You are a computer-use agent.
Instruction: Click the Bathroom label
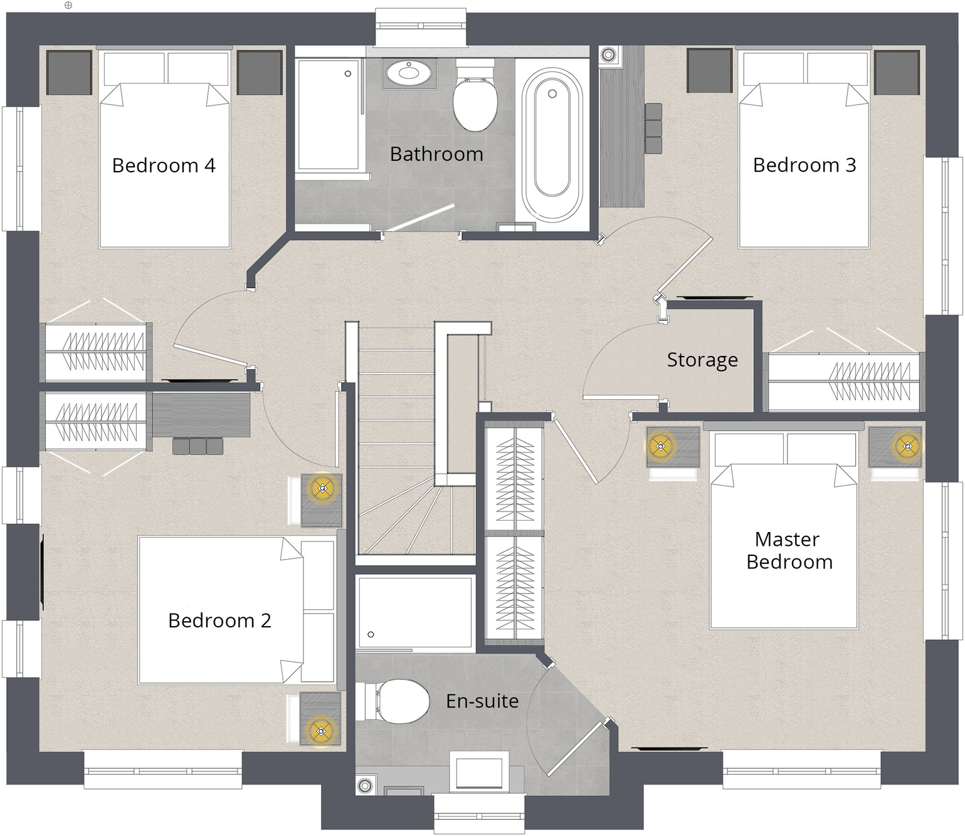pos(436,154)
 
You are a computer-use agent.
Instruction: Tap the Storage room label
pos(702,360)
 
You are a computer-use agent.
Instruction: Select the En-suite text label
pos(482,701)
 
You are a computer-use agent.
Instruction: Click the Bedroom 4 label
pos(164,165)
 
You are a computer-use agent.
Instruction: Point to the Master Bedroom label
pos(789,550)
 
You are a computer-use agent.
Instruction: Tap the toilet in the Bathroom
pos(475,96)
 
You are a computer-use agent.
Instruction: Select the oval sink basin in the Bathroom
pos(409,73)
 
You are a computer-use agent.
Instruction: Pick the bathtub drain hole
pos(552,94)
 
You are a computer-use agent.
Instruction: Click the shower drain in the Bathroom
pos(348,74)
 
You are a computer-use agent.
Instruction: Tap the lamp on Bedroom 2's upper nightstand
pos(322,488)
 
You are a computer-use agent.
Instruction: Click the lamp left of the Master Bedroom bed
pos(660,446)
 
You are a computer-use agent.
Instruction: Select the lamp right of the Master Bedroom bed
pos(907,446)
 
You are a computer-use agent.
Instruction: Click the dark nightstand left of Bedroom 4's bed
pos(68,72)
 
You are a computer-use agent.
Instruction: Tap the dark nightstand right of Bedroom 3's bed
pos(897,71)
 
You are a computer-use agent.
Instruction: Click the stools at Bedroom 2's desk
pos(198,446)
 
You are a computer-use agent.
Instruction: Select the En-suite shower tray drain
pos(371,634)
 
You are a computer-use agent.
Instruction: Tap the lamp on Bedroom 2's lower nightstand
pos(321,731)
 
